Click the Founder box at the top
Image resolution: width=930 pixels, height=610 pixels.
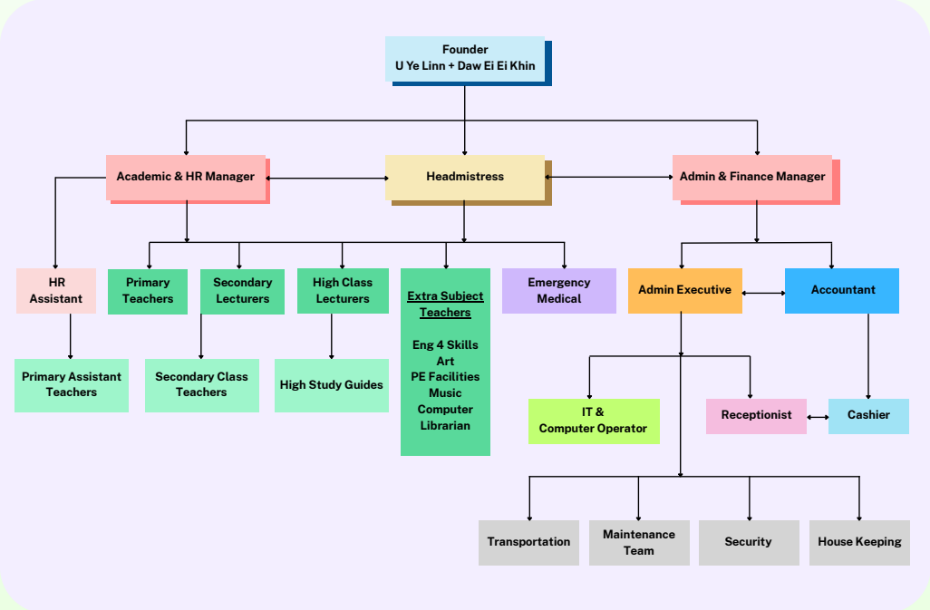465,58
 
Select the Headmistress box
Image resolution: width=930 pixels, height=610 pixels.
465,177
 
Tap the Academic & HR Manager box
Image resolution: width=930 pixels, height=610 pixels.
186,177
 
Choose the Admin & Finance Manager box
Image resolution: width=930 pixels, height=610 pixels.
752,177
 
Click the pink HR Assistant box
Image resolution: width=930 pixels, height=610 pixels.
56,291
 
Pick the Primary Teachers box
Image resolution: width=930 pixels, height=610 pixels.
148,291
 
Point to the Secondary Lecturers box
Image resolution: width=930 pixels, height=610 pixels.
242,291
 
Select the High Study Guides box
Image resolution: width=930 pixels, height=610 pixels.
331,385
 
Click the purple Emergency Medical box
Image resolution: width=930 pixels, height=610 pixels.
558,291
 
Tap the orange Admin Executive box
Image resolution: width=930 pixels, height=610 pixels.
684,291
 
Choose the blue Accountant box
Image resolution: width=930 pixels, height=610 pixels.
842,291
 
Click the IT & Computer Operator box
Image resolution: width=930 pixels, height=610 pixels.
593,421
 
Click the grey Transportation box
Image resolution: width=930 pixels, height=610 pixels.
528,542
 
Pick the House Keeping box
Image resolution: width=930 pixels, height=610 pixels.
859,542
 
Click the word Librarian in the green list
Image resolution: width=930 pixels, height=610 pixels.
445,425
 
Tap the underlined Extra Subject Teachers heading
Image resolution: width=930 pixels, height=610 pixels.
445,305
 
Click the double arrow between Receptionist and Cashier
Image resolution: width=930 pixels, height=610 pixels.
818,417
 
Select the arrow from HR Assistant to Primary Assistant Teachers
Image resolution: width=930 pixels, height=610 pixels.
70,336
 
